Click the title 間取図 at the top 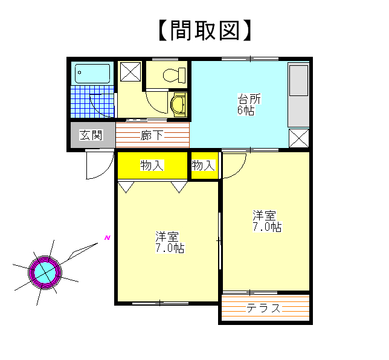[x=205, y=30]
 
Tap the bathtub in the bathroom [x=92, y=74]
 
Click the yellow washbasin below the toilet [x=178, y=104]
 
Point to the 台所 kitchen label [x=249, y=99]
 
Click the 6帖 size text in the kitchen [x=246, y=110]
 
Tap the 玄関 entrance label [x=91, y=135]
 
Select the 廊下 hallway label [x=152, y=135]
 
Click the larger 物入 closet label [x=152, y=166]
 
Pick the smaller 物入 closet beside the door [x=203, y=166]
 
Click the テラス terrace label [x=263, y=309]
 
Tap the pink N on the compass [x=107, y=238]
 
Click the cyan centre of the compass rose [x=45, y=272]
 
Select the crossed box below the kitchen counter [x=299, y=138]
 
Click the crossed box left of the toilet [x=130, y=72]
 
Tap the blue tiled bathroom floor [x=92, y=101]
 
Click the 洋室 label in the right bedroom [x=264, y=216]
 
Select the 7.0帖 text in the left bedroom [x=170, y=248]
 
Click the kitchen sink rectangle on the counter [x=298, y=80]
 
